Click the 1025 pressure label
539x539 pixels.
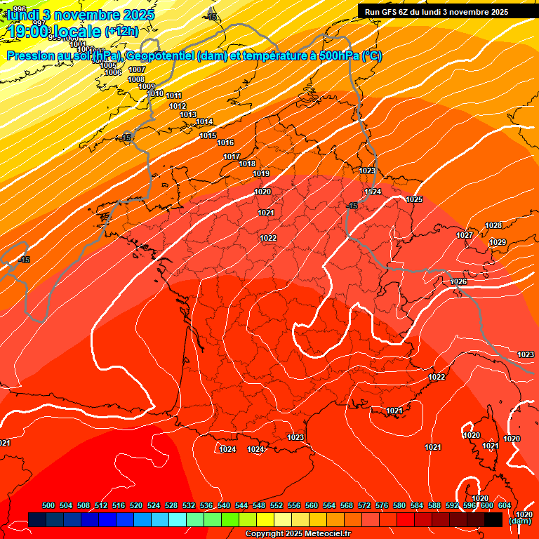click(x=414, y=200)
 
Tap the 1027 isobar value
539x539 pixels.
click(x=465, y=235)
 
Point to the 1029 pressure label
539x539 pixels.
click(x=498, y=242)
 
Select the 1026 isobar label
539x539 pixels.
click(x=458, y=281)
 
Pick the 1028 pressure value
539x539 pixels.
click(x=493, y=225)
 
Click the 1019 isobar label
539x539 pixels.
click(x=261, y=173)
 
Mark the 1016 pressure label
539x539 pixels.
click(x=225, y=142)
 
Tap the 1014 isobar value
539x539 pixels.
click(x=204, y=122)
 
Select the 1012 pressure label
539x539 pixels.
click(x=178, y=106)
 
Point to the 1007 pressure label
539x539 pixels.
click(x=137, y=69)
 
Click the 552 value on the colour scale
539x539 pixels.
click(x=277, y=505)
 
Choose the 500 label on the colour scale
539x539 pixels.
click(x=48, y=505)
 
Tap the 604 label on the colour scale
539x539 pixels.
click(x=504, y=505)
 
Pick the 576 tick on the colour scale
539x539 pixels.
click(x=382, y=505)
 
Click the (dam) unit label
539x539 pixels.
click(x=519, y=521)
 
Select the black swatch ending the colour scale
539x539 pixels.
click(x=493, y=519)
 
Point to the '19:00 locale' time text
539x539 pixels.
click(x=53, y=32)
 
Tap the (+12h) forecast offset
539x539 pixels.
click(x=121, y=32)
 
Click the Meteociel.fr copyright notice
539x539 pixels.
click(x=298, y=533)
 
